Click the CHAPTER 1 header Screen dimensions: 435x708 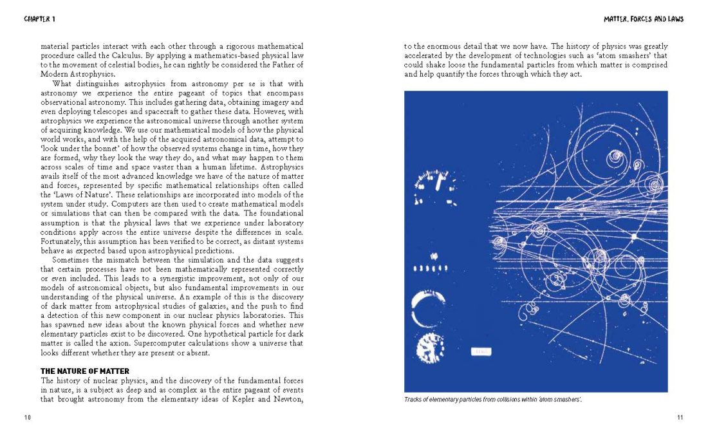pos(39,19)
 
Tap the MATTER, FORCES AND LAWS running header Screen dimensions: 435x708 pos(643,19)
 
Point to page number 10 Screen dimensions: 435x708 pos(28,417)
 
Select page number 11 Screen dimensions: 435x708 pos(680,417)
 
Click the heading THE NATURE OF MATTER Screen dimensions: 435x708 pos(85,371)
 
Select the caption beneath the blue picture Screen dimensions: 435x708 pos(492,400)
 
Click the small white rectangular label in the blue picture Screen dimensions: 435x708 pos(481,351)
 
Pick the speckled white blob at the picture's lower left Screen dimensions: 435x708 pos(430,347)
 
